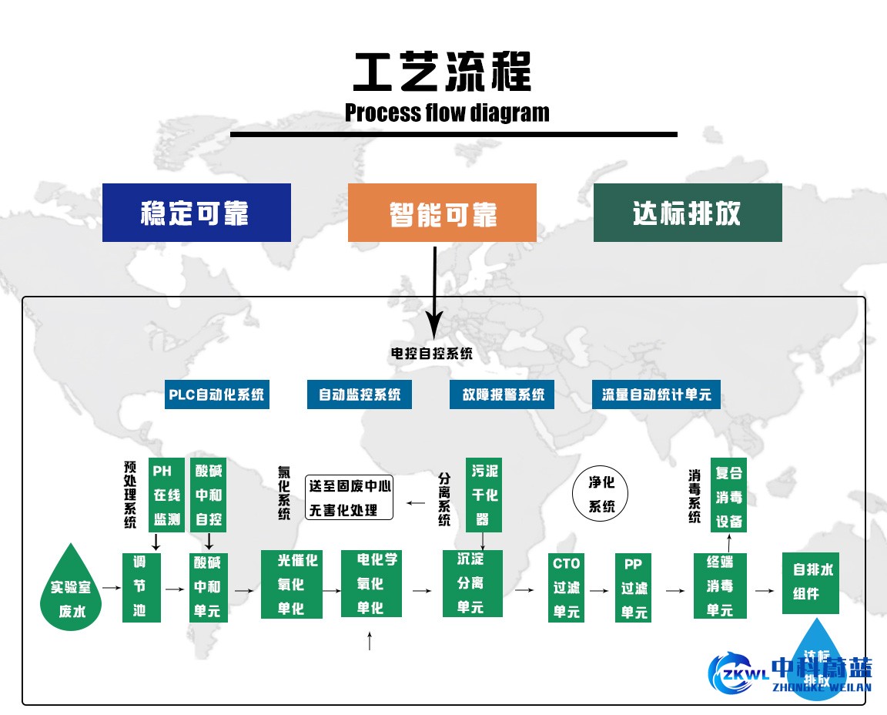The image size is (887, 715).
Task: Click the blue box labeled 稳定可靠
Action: tap(196, 213)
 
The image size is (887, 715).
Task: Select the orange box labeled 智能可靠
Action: tap(442, 213)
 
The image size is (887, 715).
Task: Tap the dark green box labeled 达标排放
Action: tap(688, 213)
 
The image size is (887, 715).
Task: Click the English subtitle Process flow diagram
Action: tap(447, 112)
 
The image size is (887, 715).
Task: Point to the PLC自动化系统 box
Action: tap(216, 394)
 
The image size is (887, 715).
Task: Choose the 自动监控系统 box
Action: tap(360, 394)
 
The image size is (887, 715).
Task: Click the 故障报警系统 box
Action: tap(503, 394)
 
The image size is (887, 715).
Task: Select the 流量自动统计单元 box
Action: tap(657, 394)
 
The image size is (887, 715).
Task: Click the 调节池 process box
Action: tap(142, 587)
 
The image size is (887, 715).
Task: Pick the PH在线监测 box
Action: tap(166, 495)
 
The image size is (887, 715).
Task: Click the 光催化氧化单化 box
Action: tap(291, 583)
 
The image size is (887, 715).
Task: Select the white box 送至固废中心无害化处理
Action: tap(350, 497)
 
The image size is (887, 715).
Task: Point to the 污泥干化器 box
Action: tap(484, 495)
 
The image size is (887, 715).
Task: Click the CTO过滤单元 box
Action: tap(566, 587)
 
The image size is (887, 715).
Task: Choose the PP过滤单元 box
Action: tap(634, 587)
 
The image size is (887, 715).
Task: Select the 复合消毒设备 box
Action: tap(728, 495)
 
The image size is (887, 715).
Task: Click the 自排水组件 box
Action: tap(811, 582)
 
